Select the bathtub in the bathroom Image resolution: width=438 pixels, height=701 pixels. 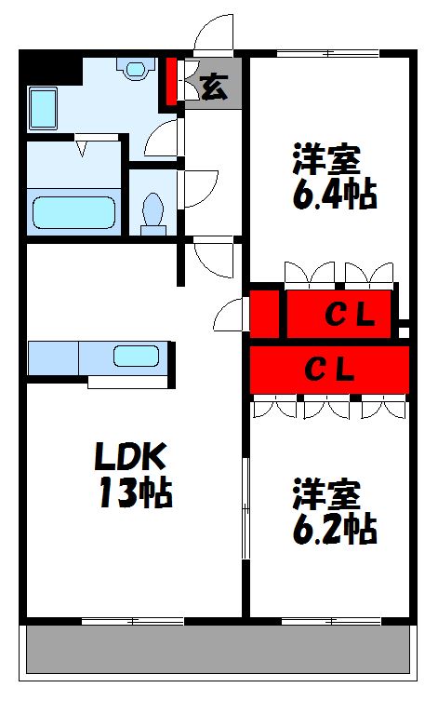click(74, 211)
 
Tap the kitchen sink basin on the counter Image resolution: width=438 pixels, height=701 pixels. click(138, 356)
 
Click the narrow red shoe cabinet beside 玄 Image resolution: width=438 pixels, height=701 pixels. click(172, 82)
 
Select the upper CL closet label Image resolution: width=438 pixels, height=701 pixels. click(349, 317)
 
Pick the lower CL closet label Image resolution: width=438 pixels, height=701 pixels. click(331, 370)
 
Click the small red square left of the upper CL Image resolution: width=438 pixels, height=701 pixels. click(264, 313)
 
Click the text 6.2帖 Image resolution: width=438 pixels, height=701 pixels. click(335, 529)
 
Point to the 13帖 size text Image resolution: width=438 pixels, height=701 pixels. click(135, 493)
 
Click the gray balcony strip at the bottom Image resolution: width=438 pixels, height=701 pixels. click(218, 649)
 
